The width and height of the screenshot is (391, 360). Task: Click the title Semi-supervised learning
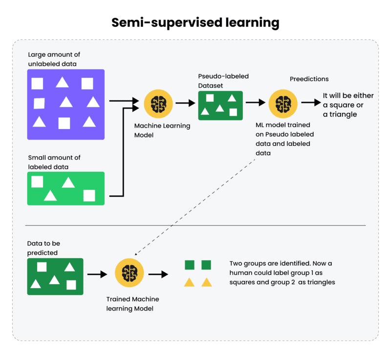(x=195, y=22)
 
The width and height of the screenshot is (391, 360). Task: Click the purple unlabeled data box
(x=66, y=104)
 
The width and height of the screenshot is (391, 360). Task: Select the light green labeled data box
(x=66, y=188)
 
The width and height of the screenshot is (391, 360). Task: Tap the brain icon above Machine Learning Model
(x=158, y=103)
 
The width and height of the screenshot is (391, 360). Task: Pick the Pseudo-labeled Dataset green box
(x=221, y=105)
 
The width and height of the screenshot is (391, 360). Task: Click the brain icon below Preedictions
(x=283, y=103)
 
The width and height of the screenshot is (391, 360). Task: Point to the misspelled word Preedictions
(x=309, y=79)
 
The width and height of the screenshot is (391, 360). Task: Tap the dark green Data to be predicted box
(x=55, y=276)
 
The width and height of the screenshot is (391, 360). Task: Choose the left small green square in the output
(x=190, y=265)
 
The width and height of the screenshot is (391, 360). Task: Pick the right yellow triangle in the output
(x=207, y=282)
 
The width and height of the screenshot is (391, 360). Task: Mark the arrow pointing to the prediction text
(x=309, y=103)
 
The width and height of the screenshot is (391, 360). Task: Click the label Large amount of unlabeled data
(x=52, y=59)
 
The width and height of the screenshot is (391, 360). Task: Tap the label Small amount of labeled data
(x=54, y=162)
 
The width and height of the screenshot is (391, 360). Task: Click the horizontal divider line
(x=195, y=225)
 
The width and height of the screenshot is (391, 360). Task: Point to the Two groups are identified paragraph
(x=282, y=273)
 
